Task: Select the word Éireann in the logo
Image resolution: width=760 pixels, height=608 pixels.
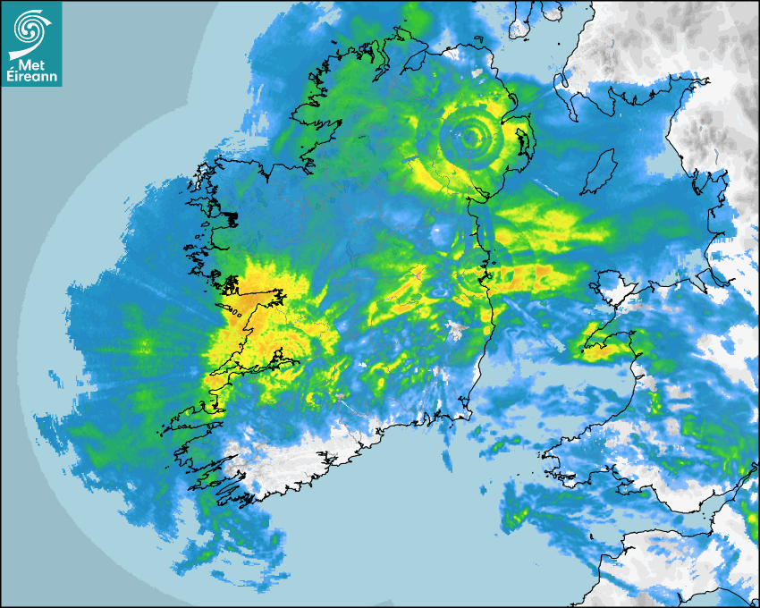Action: [x=31, y=75]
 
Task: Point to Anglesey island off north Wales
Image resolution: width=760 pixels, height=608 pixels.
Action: [x=614, y=291]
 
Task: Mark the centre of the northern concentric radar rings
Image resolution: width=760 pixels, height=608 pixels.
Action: [x=469, y=137]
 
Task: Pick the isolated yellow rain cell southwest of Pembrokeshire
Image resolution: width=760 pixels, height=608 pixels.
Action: [x=516, y=518]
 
